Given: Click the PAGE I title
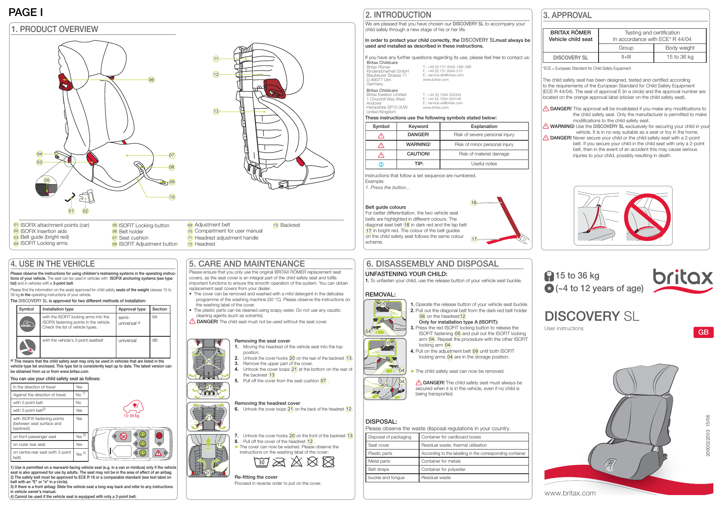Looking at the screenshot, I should pyautogui.click(x=26, y=12).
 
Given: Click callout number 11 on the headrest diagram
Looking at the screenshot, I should pyautogui.click(x=216, y=59).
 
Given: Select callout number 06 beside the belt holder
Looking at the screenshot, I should pyautogui.click(x=151, y=80).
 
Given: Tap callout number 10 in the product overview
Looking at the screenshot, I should pyautogui.click(x=172, y=197).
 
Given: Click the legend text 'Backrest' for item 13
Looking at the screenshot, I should pyautogui.click(x=290, y=225).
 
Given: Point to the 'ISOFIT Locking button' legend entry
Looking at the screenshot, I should pyautogui.click(x=144, y=226).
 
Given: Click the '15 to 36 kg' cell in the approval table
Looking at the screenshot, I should pyautogui.click(x=680, y=57).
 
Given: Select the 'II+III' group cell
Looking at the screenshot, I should pyautogui.click(x=626, y=57).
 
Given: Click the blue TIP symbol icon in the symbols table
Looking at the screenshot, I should pyautogui.click(x=381, y=164).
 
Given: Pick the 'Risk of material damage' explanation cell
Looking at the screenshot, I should pyautogui.click(x=484, y=154).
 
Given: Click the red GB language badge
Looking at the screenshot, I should pyautogui.click(x=703, y=332).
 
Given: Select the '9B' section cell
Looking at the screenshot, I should pyautogui.click(x=155, y=340).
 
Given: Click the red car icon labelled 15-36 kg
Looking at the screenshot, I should pyautogui.click(x=133, y=407).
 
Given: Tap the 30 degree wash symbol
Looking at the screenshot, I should pyautogui.click(x=261, y=462).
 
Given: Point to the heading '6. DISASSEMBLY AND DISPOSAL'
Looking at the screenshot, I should pyautogui.click(x=432, y=264).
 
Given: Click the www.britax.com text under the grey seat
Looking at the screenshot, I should pyautogui.click(x=570, y=493).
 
